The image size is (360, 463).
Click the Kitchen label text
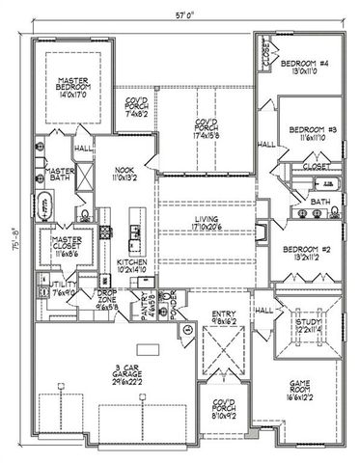pyautogui.click(x=130, y=263)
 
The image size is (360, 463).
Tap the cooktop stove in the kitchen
pyautogui.click(x=133, y=231)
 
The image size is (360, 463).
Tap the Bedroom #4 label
pyautogui.click(x=303, y=65)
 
